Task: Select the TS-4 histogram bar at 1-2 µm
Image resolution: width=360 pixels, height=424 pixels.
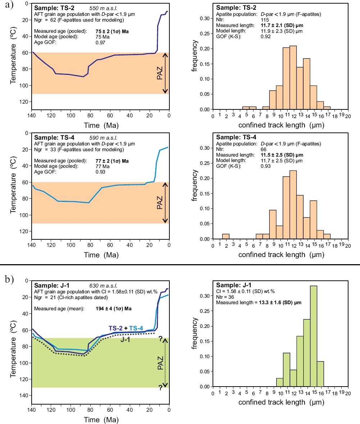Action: (x=225, y=236)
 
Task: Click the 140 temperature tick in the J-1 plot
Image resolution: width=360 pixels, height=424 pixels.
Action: (x=24, y=396)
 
